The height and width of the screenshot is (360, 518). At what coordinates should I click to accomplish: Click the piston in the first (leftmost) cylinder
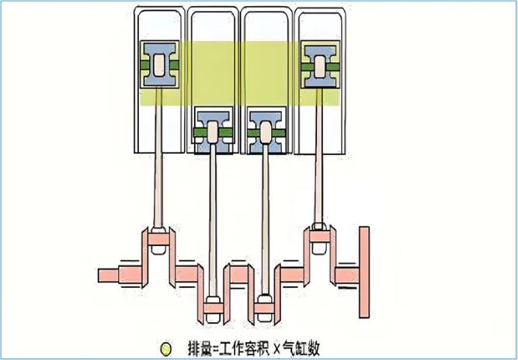point(158,64)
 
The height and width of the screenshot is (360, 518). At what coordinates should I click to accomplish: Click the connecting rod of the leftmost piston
point(158,155)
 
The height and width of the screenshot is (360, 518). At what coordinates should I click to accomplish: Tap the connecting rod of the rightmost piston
point(318,155)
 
